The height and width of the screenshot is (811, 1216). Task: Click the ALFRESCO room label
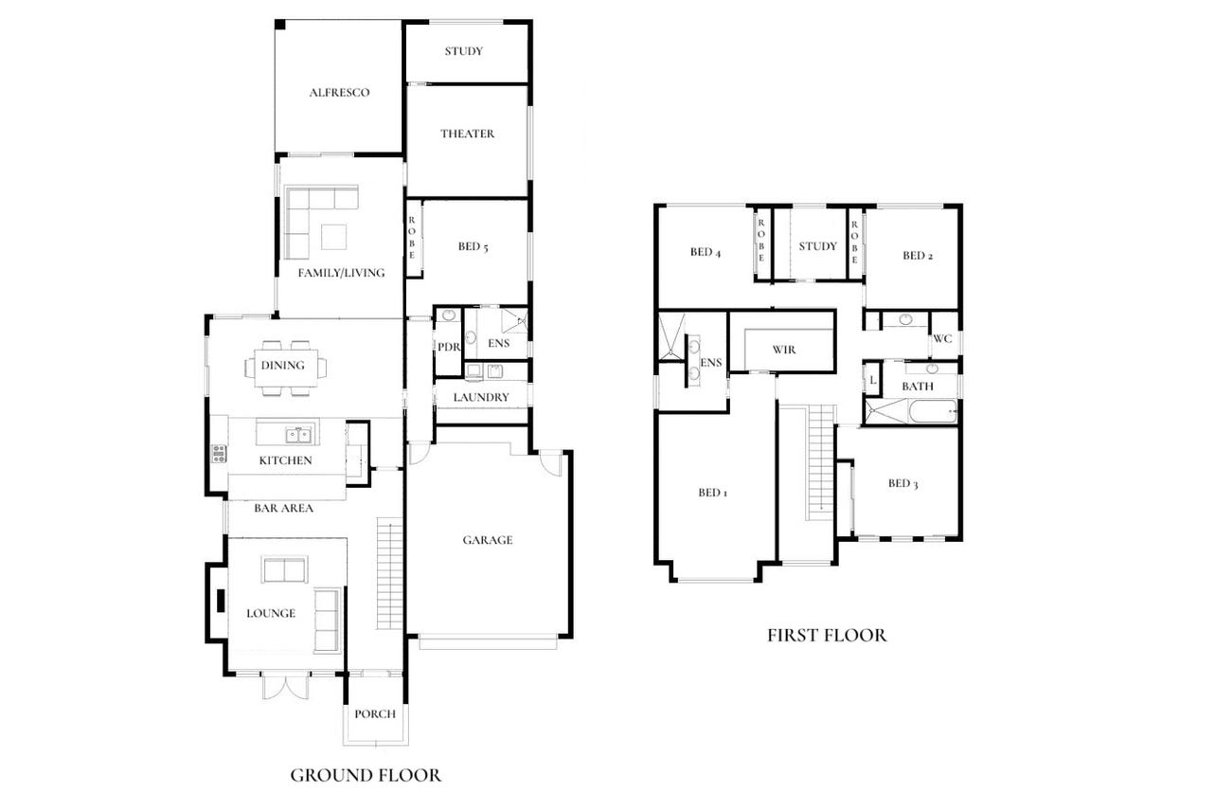pos(339,93)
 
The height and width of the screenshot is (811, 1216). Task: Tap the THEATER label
pos(468,135)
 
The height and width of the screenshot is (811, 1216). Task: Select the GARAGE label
pos(488,540)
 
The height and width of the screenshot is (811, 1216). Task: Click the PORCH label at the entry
pos(375,713)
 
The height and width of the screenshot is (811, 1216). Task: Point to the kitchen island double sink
pos(298,435)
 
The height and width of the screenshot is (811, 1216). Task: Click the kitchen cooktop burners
pos(220,454)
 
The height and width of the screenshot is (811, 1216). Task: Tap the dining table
pos(286,369)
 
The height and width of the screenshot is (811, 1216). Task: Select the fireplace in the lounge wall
pos(221,601)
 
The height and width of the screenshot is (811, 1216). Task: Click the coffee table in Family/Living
pos(334,237)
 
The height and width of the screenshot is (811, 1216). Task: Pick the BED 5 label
pos(473,246)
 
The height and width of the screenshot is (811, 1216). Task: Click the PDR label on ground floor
pos(449,347)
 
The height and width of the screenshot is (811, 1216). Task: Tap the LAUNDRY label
pos(481,398)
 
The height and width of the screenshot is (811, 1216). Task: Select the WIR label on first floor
pos(784,350)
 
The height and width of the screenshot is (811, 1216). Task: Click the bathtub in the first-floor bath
pos(933,411)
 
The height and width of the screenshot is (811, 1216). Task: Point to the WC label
pos(942,339)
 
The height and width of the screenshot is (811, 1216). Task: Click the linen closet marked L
pos(873,380)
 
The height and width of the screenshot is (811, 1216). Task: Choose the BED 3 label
pos(903,483)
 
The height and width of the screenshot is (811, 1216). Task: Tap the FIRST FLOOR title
pos(827,635)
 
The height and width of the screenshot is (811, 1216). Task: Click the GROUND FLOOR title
pos(366,775)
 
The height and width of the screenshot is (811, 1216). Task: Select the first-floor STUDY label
pos(817,246)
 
